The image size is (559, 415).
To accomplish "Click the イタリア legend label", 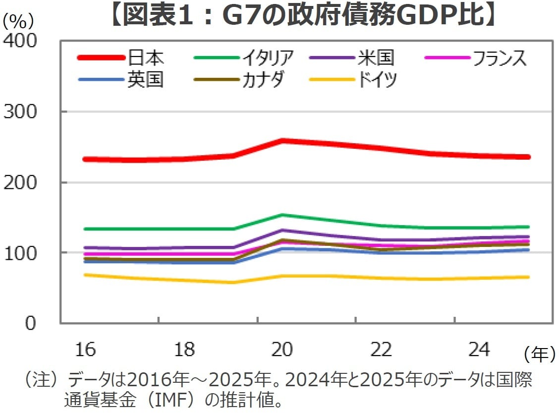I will [268, 58].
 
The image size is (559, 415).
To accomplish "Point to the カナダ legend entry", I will [263, 79].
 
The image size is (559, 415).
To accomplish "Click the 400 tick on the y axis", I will [20, 42].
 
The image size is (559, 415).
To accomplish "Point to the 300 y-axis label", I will [20, 112].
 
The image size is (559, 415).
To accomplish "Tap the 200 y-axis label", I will [20, 182].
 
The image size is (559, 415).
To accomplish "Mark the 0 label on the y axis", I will [31, 323].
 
